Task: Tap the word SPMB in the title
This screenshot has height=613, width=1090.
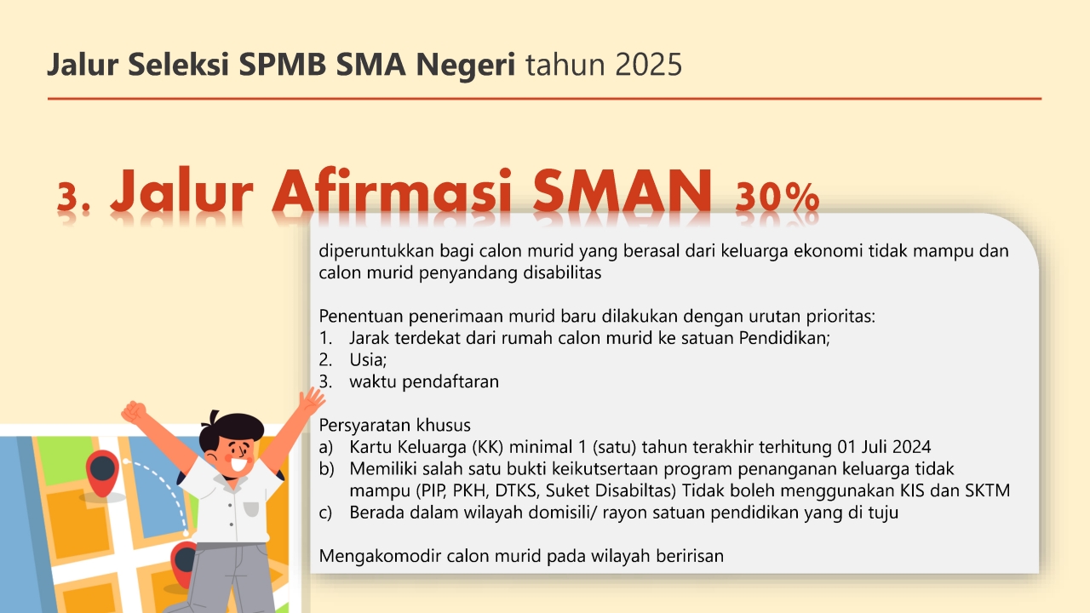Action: [282, 64]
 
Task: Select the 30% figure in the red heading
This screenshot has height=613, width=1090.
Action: [777, 198]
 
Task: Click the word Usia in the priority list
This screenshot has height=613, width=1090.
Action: [367, 359]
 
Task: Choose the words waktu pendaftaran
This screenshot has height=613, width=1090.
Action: [424, 382]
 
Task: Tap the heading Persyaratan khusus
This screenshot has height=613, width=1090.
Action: [394, 425]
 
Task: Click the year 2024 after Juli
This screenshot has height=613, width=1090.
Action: [911, 447]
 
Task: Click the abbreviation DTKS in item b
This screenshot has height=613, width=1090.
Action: [517, 490]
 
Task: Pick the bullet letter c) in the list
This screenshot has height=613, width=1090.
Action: [325, 513]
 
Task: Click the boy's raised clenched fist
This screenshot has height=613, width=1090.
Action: [134, 412]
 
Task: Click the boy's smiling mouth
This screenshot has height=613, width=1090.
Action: [238, 464]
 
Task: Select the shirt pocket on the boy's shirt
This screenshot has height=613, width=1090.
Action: [250, 508]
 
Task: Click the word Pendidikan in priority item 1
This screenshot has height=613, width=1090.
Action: [784, 338]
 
